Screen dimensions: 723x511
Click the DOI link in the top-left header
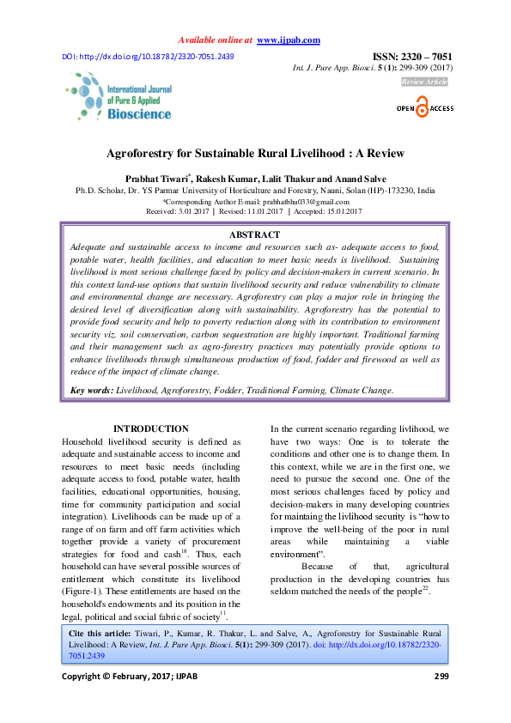[148, 57]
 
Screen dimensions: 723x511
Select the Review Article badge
[424, 82]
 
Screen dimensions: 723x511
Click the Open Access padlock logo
[421, 108]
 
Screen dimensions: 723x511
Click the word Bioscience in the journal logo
[139, 113]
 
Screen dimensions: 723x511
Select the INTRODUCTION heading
[151, 428]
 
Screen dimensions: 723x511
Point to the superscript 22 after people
[426, 589]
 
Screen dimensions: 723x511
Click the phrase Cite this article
[98, 632]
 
